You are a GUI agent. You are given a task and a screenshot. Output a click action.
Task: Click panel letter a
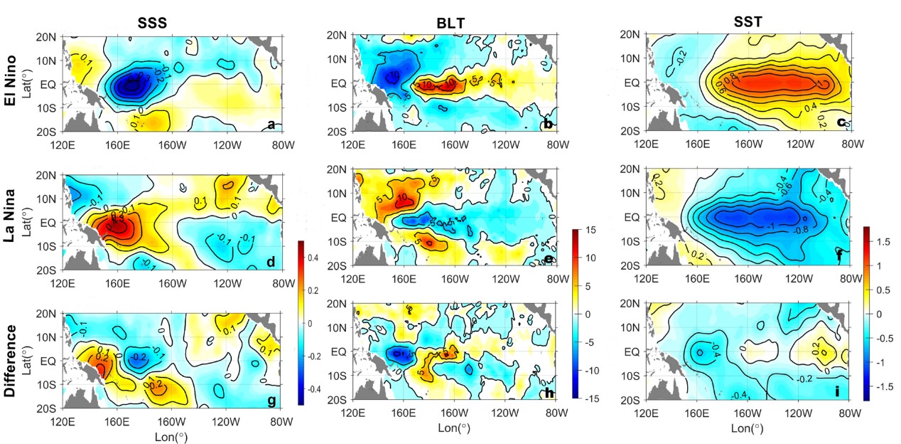click(x=271, y=125)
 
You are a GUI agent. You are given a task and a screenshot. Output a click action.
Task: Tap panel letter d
click(x=271, y=263)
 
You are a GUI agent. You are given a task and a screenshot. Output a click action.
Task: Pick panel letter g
click(x=271, y=401)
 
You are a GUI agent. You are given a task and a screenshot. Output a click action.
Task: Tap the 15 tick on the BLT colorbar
click(x=591, y=231)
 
